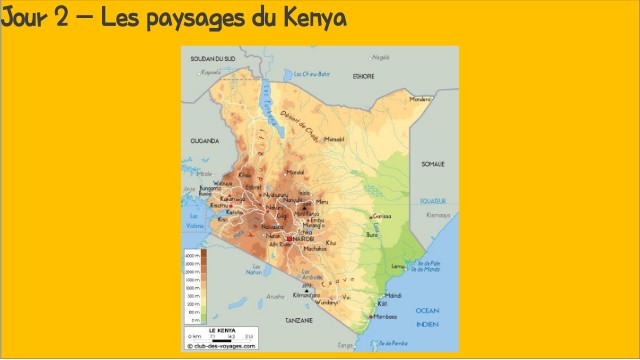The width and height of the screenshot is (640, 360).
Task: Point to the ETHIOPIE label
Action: pyautogui.click(x=363, y=76)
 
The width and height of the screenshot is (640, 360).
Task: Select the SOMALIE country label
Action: pyautogui.click(x=432, y=163)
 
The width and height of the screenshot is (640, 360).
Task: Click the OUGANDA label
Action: pyautogui.click(x=204, y=142)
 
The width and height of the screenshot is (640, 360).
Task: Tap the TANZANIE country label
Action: pyautogui.click(x=299, y=319)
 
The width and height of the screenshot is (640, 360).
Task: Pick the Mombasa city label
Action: pyautogui.click(x=385, y=317)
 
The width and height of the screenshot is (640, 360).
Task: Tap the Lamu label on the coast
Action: pyautogui.click(x=397, y=267)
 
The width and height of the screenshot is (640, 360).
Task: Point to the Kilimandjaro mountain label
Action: pyautogui.click(x=304, y=296)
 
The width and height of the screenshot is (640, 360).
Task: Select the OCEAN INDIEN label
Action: pyautogui.click(x=427, y=315)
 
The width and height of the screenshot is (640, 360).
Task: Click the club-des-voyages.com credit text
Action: pyautogui.click(x=221, y=346)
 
